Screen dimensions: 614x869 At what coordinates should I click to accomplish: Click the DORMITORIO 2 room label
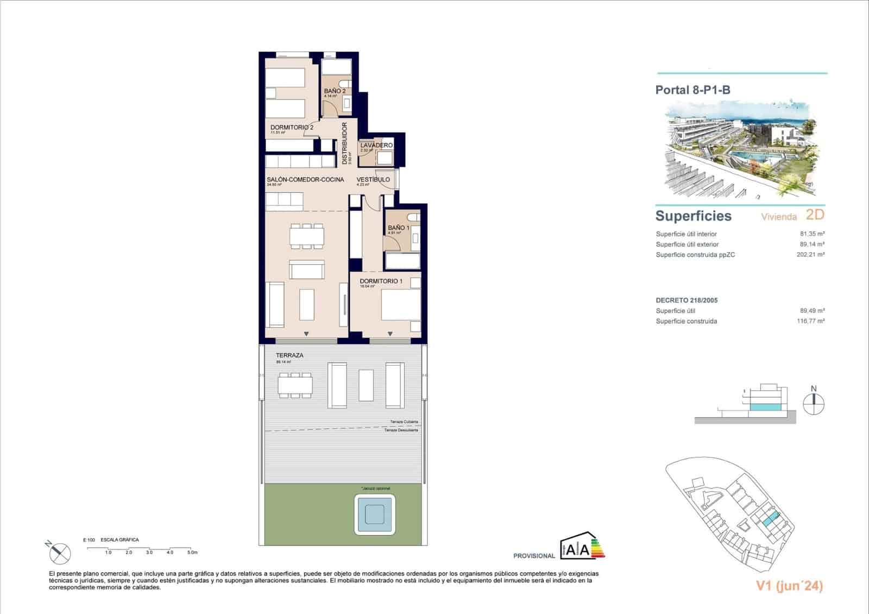pos(292,127)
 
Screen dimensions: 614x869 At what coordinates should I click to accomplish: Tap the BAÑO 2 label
pos(335,91)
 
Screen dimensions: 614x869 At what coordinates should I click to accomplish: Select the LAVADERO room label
pos(376,146)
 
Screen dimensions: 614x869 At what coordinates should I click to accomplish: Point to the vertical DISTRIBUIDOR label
pos(345,143)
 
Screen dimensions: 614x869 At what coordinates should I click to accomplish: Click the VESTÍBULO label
pos(373,179)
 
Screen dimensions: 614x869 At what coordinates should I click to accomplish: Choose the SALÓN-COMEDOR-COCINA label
pos(305,179)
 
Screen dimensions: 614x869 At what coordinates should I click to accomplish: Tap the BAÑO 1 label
pos(398,228)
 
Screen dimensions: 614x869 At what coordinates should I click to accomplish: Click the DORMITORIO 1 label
pos(381,281)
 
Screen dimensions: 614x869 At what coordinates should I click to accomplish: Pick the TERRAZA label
pos(289,355)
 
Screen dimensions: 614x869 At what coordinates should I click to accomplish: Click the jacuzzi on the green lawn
pos(375,513)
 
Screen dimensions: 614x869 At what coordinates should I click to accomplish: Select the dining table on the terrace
pos(295,385)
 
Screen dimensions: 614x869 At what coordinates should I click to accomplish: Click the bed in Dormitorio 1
pos(401,305)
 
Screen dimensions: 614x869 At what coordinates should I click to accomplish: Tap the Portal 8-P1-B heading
pos(692,90)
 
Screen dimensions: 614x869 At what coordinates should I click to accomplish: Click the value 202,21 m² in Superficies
pos(810,254)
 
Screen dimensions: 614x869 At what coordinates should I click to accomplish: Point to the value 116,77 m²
pos(810,321)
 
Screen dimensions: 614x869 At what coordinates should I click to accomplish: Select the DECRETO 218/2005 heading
pos(687,300)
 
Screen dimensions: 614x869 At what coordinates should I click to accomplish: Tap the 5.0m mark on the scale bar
pos(192,553)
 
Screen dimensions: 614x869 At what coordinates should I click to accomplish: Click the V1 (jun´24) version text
pos(789,586)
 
